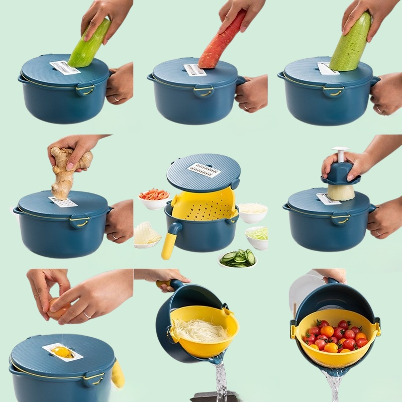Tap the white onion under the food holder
click(341, 191)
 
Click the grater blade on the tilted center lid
click(204, 170)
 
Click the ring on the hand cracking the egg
click(87, 316)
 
